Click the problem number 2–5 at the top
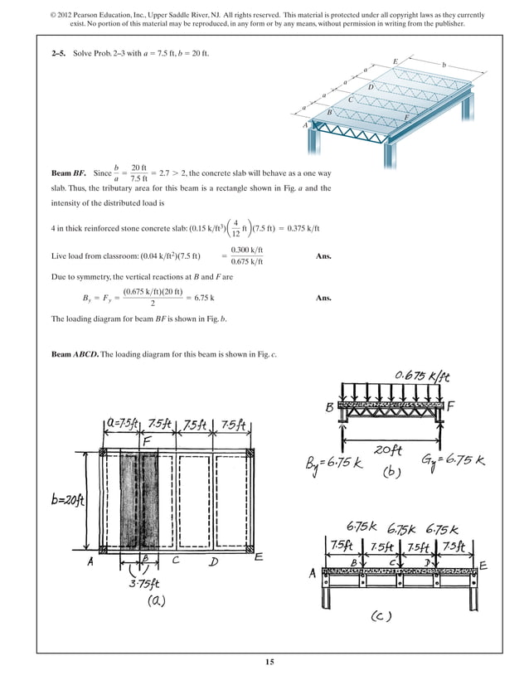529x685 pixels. coord(59,53)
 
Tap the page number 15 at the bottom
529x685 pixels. coord(269,661)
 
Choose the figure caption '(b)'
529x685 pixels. coord(391,474)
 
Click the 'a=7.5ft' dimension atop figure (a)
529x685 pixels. coord(125,425)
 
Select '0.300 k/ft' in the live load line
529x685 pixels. coord(246,250)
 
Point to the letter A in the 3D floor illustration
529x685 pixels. coord(306,124)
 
